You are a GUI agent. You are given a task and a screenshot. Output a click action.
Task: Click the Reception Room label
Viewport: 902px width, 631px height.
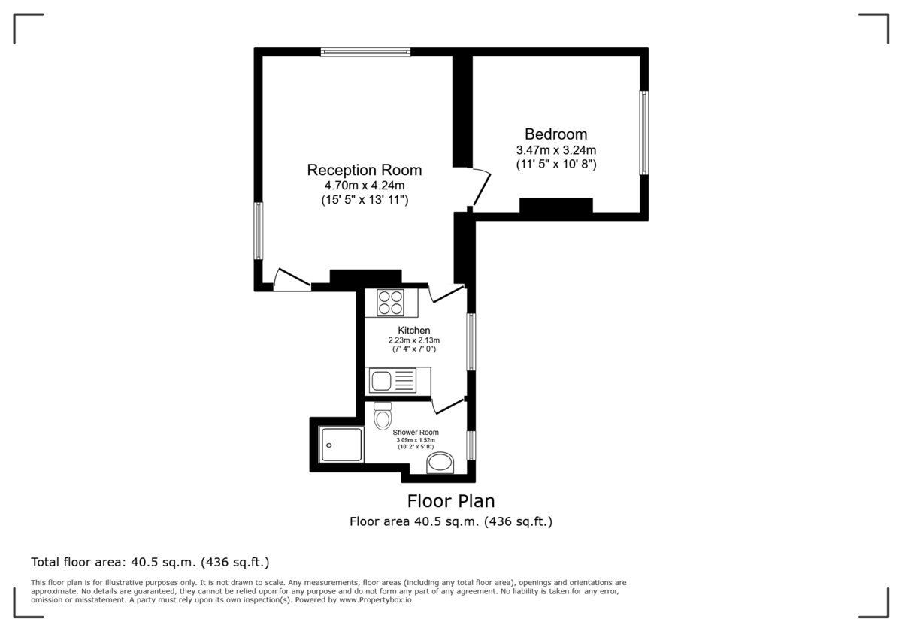click(365, 169)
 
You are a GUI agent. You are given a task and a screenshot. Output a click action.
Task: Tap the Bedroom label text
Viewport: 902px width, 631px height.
click(555, 134)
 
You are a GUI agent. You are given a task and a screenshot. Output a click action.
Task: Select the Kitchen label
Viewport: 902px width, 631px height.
click(414, 331)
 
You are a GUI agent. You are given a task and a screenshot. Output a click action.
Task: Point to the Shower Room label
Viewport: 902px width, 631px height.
click(416, 432)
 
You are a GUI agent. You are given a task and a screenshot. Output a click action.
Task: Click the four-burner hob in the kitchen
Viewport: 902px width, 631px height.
click(390, 303)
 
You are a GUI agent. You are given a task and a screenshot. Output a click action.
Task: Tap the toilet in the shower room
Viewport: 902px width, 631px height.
click(383, 415)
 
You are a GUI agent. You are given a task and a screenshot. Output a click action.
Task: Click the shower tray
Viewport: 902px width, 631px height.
click(341, 445)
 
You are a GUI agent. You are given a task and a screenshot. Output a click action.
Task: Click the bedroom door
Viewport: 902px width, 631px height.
click(481, 187)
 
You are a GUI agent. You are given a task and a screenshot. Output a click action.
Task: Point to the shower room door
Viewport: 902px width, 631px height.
click(449, 406)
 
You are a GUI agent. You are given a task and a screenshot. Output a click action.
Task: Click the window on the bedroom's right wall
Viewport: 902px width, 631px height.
click(644, 133)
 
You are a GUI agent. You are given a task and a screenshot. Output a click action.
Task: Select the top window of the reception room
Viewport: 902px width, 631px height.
click(365, 52)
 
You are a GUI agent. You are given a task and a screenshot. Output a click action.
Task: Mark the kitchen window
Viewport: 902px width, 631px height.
click(471, 342)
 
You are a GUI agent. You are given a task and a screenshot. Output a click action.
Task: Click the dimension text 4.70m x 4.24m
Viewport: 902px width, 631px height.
click(365, 185)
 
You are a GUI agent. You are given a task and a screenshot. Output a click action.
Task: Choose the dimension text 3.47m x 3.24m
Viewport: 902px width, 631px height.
click(555, 149)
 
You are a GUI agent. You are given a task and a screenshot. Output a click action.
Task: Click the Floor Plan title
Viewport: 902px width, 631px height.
click(451, 500)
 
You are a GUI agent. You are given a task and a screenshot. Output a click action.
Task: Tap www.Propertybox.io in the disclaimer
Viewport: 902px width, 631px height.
click(374, 600)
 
